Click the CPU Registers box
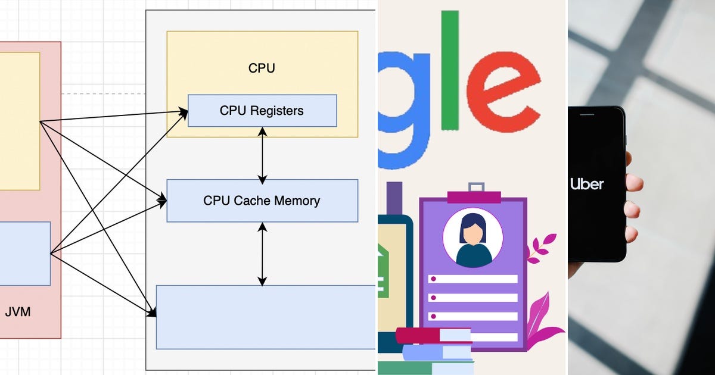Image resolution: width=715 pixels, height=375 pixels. pos(262,111)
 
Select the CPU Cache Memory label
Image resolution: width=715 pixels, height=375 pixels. pos(262,201)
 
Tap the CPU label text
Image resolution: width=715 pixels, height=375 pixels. pos(262,68)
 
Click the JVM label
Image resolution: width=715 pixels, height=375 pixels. pos(18,311)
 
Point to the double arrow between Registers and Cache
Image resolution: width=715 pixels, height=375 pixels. pos(262,155)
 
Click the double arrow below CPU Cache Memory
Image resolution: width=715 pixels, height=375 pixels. pos(262,254)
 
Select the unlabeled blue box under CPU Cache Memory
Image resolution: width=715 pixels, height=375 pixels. pos(266,317)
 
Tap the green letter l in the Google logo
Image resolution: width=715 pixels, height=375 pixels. pos(450,70)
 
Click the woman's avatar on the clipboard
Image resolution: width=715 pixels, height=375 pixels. pos(472,238)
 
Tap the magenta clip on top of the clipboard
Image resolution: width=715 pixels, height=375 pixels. pos(474,197)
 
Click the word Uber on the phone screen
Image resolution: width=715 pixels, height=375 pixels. pos(587,184)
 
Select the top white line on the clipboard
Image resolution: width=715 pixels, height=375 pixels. pos(472,279)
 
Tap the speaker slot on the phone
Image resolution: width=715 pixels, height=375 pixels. pos(587,114)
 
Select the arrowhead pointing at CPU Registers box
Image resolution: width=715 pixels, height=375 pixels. pos(183,112)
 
